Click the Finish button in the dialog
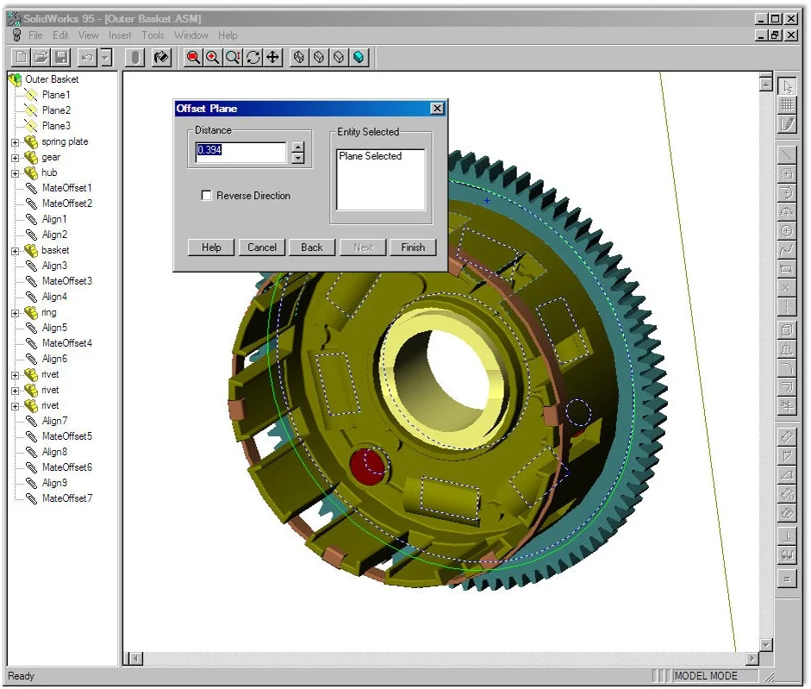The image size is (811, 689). [x=413, y=247]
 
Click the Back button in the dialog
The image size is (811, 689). [x=312, y=247]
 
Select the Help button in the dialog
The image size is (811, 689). [x=211, y=247]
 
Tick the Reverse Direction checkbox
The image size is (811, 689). [x=207, y=196]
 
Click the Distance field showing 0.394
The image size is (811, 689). [x=240, y=152]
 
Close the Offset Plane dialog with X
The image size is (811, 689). [x=437, y=109]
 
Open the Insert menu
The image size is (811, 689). [x=120, y=35]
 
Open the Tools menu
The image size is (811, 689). [x=153, y=35]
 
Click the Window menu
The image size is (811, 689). [x=190, y=35]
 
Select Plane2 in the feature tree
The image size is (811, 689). [x=56, y=110]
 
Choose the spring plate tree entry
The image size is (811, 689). [x=65, y=141]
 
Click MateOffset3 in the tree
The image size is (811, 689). [x=66, y=281]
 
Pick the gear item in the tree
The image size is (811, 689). [x=51, y=157]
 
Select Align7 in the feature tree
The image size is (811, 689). [x=54, y=421]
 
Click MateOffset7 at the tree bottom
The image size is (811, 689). [x=66, y=498]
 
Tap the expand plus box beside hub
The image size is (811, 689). [x=16, y=172]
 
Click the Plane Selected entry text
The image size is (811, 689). [x=370, y=157]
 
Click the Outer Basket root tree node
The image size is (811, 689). [x=52, y=79]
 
